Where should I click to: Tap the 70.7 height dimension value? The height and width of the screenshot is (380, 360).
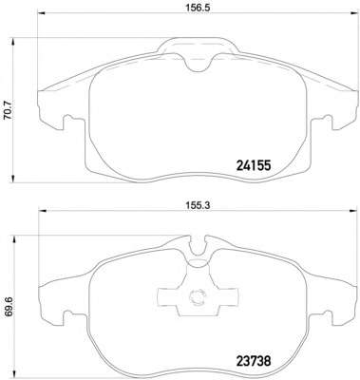pyautogui.click(x=8, y=109)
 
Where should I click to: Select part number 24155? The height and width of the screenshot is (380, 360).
pyautogui.click(x=254, y=165)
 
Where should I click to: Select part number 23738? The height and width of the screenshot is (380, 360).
pyautogui.click(x=254, y=361)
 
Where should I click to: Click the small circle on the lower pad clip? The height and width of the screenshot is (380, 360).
pyautogui.click(x=197, y=297)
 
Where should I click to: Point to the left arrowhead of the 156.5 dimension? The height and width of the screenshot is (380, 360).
pyautogui.click(x=42, y=13)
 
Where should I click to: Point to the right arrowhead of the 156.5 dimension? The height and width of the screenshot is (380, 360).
pyautogui.click(x=353, y=13)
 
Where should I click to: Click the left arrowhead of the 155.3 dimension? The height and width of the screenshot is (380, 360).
pyautogui.click(x=42, y=210)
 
